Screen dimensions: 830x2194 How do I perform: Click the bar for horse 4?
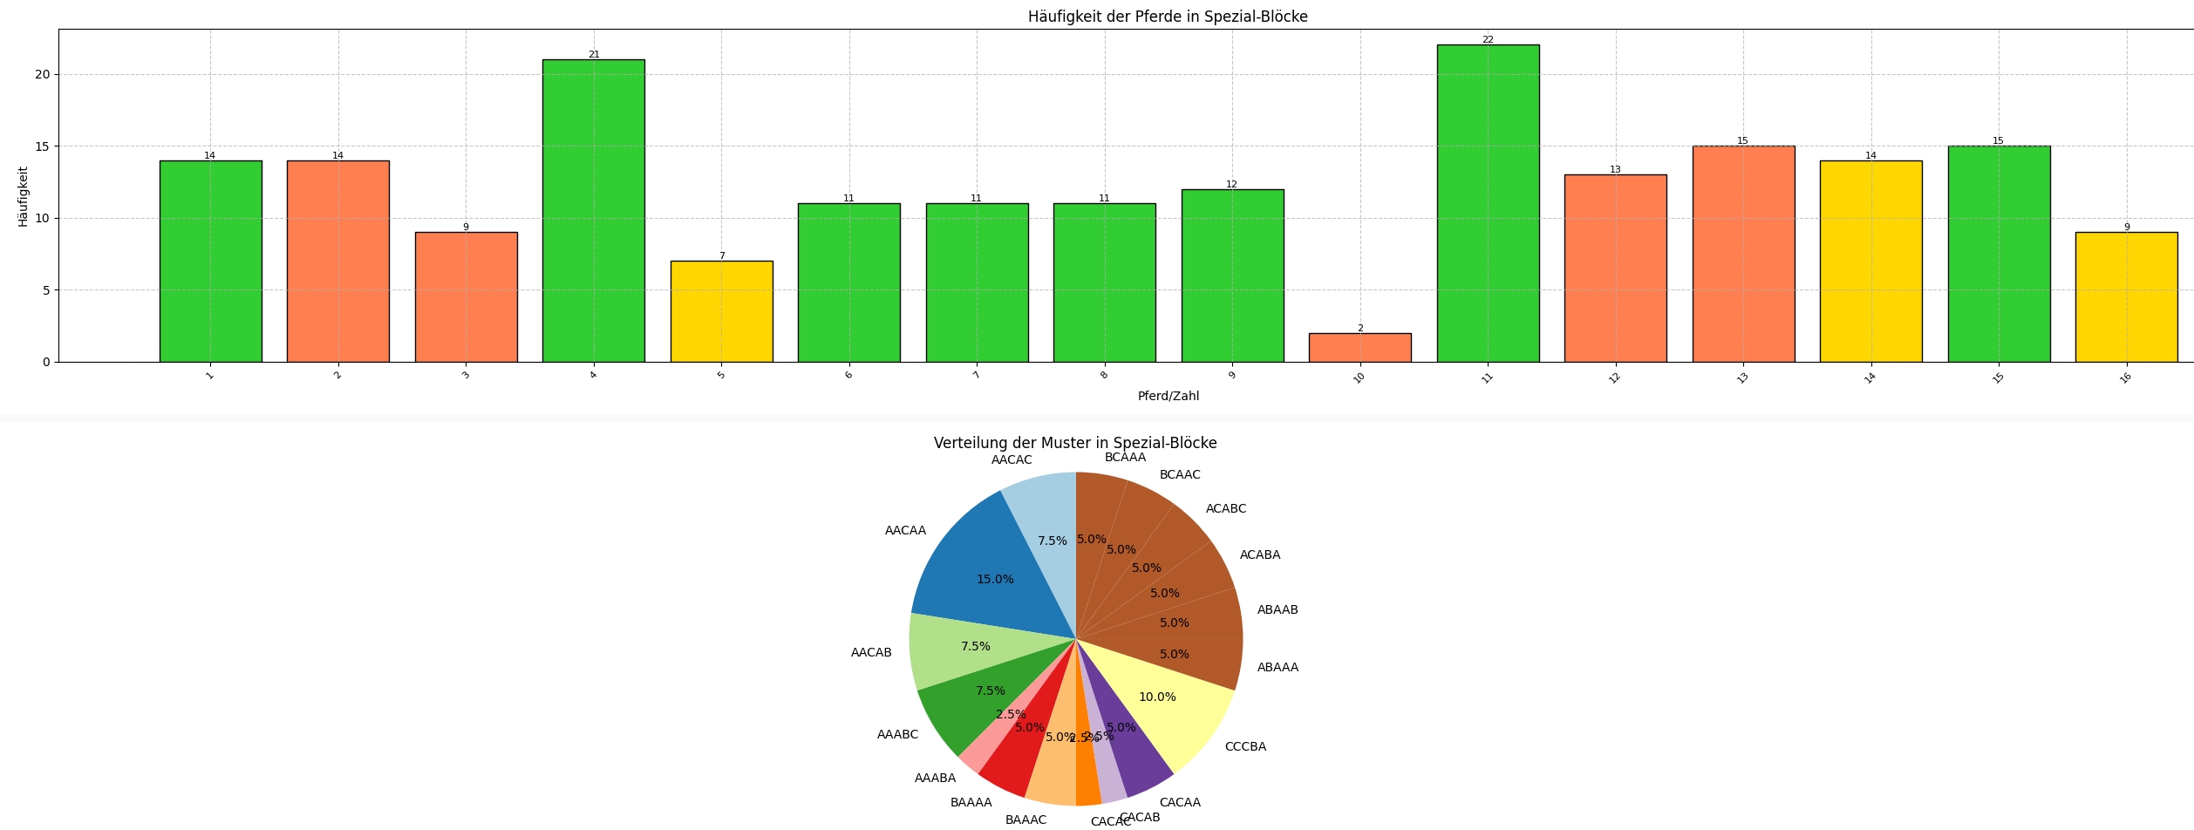pyautogui.click(x=593, y=210)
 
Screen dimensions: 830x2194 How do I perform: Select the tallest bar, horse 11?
pyautogui.click(x=1488, y=203)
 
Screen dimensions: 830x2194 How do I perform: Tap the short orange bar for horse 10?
pyautogui.click(x=1359, y=347)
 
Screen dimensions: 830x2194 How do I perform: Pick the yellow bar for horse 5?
pyautogui.click(x=721, y=311)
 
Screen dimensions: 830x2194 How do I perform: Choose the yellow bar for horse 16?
pyautogui.click(x=2126, y=296)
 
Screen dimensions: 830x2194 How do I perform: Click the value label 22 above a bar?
pyautogui.click(x=1488, y=40)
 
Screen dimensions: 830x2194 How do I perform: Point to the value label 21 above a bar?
pyautogui.click(x=594, y=54)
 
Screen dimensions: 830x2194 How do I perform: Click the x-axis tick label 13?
pyautogui.click(x=1742, y=378)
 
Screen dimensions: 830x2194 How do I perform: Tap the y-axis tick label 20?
pyautogui.click(x=43, y=75)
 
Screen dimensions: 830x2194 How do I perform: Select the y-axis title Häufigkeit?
pyautogui.click(x=23, y=196)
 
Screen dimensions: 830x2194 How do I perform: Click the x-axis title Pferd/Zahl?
pyautogui.click(x=1168, y=397)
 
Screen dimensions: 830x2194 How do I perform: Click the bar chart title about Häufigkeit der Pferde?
pyautogui.click(x=1167, y=17)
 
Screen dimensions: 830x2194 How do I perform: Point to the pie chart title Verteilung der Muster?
pyautogui.click(x=1074, y=443)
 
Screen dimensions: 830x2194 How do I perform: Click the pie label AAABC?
pyautogui.click(x=897, y=735)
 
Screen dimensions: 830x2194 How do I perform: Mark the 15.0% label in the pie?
pyautogui.click(x=995, y=580)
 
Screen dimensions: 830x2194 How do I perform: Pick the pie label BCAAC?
pyautogui.click(x=1179, y=475)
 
